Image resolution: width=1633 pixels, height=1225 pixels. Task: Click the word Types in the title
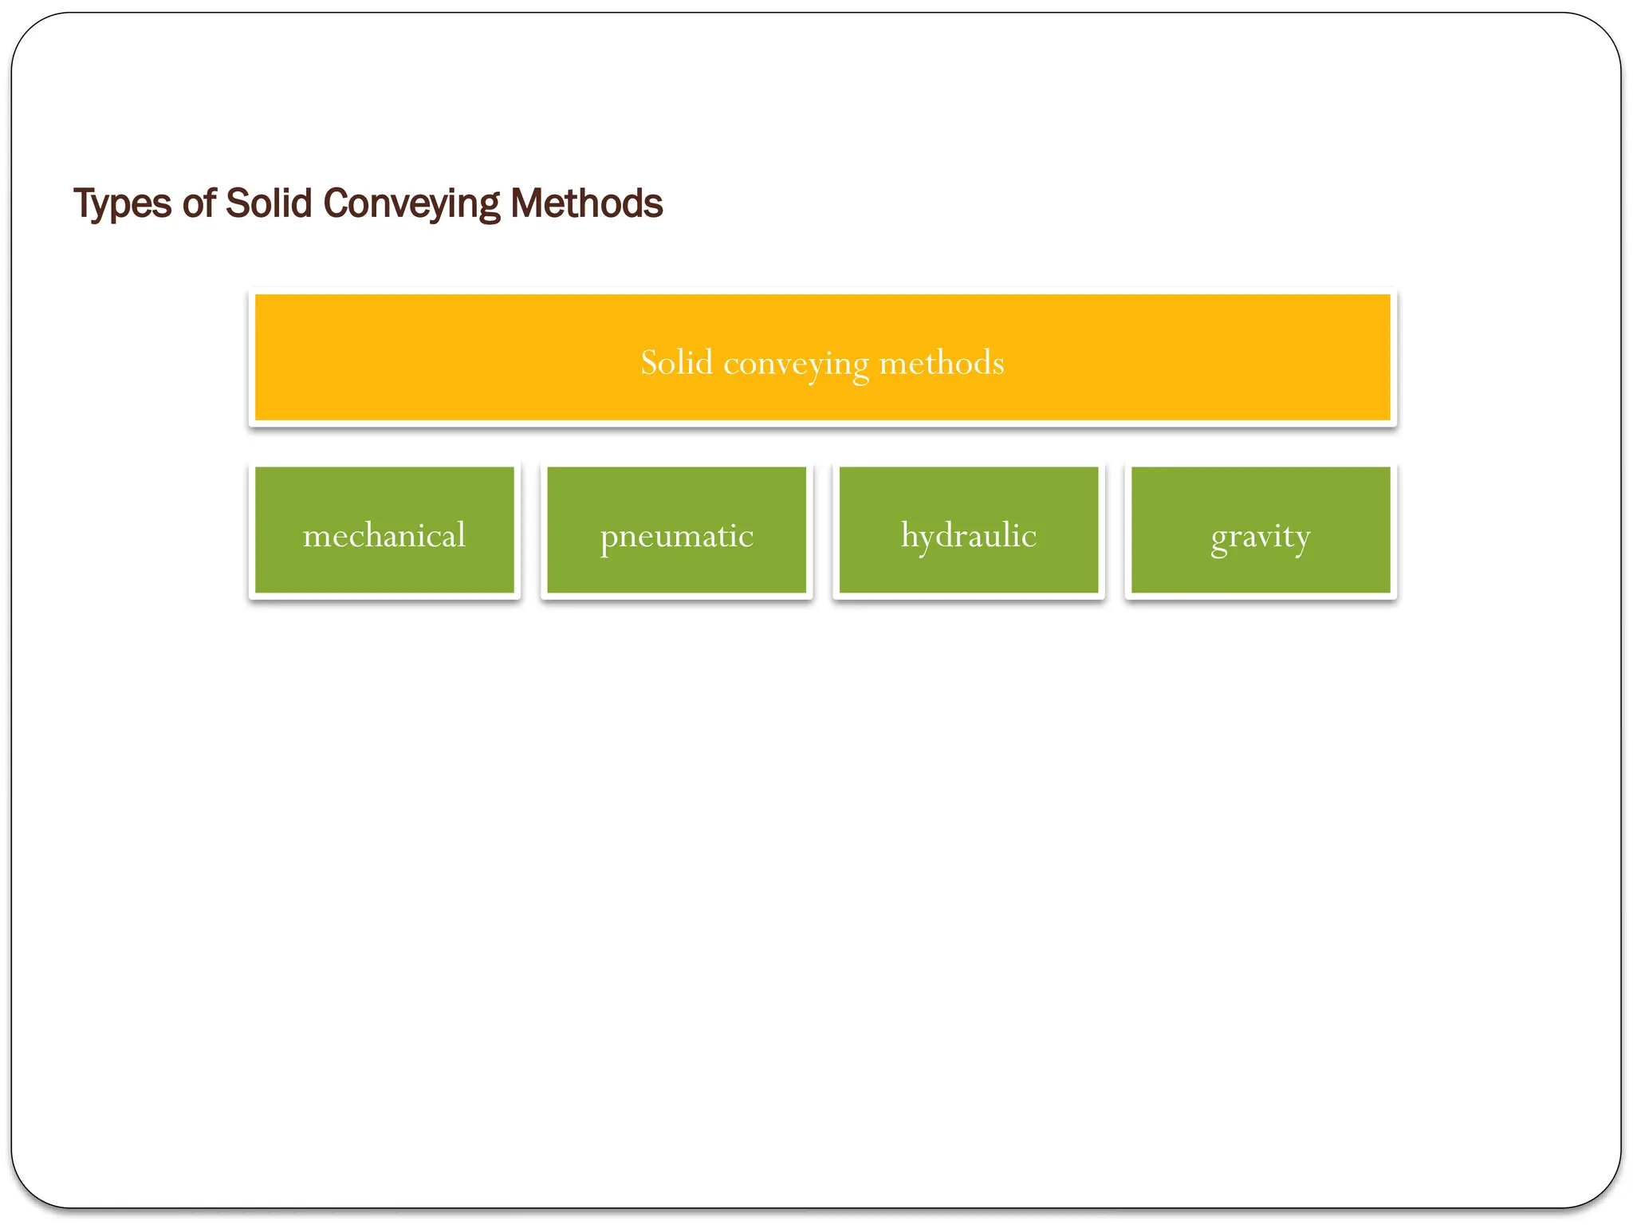click(x=122, y=204)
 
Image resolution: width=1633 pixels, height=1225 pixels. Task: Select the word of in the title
click(x=199, y=203)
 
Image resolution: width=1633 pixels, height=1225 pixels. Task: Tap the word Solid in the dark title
click(x=269, y=203)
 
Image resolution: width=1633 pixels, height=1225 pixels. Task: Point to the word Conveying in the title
click(x=411, y=204)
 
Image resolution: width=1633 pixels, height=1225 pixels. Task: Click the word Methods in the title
click(x=586, y=203)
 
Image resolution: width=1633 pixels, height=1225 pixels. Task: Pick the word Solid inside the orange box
click(x=676, y=363)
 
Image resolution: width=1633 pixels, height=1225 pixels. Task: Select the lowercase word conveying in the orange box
click(x=796, y=364)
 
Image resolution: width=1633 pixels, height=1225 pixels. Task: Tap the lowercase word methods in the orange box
click(x=941, y=363)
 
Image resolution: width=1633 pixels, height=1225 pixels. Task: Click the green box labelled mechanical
click(x=384, y=530)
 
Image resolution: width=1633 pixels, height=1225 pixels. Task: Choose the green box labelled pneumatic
click(x=676, y=530)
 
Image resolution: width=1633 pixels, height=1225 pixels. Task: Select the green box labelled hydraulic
click(x=969, y=530)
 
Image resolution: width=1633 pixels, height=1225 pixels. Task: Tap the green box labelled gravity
click(x=1261, y=530)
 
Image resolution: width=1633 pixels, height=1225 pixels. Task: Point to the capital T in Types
click(x=85, y=203)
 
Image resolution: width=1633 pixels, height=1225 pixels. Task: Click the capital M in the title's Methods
click(x=527, y=203)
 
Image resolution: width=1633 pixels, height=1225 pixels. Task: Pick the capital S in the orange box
click(x=650, y=363)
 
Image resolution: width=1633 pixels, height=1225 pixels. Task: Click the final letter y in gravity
click(x=1301, y=539)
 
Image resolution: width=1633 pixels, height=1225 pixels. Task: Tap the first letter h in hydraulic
click(x=910, y=534)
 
